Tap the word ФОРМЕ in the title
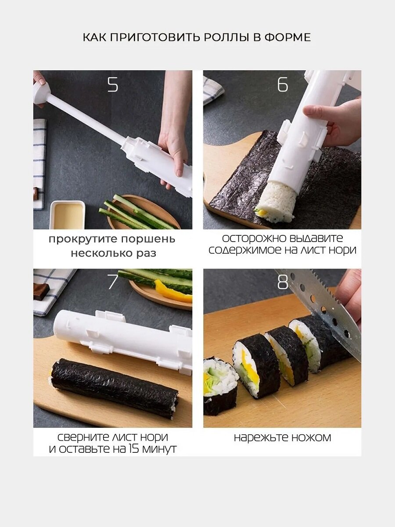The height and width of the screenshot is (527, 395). tap(287, 37)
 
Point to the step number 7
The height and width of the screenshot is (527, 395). tap(113, 282)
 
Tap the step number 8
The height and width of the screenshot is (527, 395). tap(283, 282)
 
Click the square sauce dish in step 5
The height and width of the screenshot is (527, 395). tap(68, 215)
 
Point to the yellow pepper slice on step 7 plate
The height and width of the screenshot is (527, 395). tap(172, 292)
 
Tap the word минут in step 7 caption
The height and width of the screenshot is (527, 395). tap(159, 449)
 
